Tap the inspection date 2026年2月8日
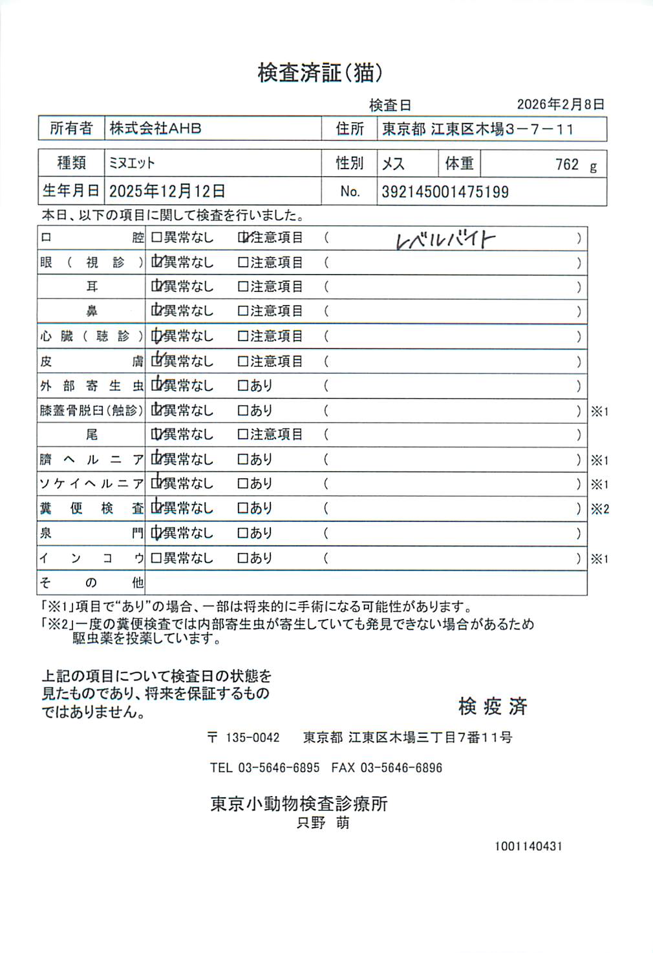coord(561,104)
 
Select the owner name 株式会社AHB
coord(155,129)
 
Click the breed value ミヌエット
coord(132,163)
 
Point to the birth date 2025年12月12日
coord(167,191)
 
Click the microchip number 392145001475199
coord(445,192)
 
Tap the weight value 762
coord(566,164)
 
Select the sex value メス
coord(393,164)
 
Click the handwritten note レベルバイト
coord(445,240)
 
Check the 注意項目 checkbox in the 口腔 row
coord(243,238)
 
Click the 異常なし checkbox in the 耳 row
coord(156,287)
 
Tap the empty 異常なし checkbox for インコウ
coord(156,558)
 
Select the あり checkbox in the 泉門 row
coord(243,534)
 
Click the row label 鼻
coord(92,311)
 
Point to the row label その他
coord(91,583)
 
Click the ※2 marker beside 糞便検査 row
coord(599,509)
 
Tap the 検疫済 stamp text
coord(493,706)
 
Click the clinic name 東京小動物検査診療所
coord(299,804)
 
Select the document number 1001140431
coord(528,846)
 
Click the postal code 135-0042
coord(252,737)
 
